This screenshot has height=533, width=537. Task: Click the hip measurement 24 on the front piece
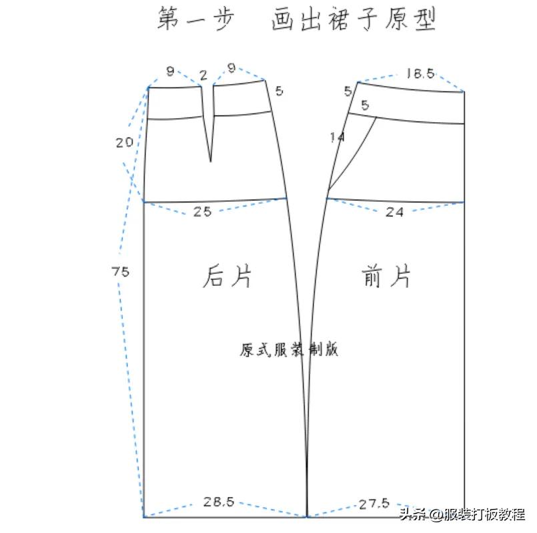[x=396, y=212]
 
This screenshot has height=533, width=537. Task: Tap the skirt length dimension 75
[x=121, y=272]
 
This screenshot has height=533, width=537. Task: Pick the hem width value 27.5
[x=373, y=504]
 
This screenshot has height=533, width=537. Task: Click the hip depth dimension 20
[x=123, y=142]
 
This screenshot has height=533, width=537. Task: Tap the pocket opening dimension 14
[x=337, y=138]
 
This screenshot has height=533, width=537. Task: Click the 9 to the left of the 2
[x=170, y=69]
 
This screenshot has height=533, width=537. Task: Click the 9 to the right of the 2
[x=231, y=68]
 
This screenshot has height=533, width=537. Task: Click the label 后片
[x=227, y=276]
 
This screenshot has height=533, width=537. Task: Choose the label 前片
[x=387, y=275]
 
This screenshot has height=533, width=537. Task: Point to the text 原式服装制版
[x=289, y=349]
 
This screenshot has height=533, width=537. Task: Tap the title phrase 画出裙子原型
[x=354, y=19]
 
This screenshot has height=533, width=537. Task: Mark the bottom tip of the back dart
[x=211, y=161]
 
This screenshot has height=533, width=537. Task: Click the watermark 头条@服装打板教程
[x=462, y=515]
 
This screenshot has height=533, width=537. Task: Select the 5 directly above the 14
[x=364, y=105]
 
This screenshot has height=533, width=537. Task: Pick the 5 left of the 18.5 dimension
[x=348, y=91]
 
